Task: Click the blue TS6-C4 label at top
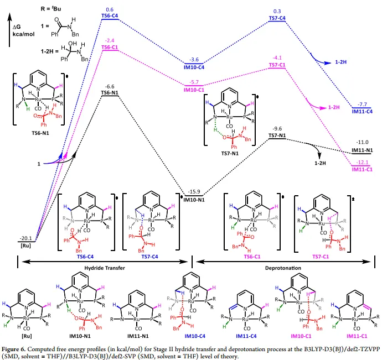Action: pyautogui.click(x=110, y=16)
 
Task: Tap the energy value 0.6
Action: pyautogui.click(x=110, y=9)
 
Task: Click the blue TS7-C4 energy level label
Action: pyautogui.click(x=277, y=18)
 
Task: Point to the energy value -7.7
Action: pyautogui.click(x=362, y=104)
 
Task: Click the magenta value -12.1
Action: pyautogui.click(x=362, y=161)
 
